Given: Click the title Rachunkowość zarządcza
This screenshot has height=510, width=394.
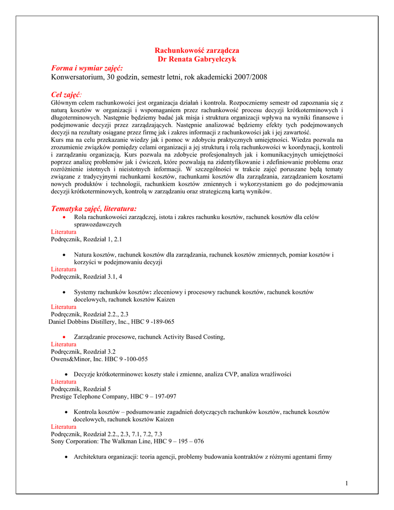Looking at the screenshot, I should click(x=197, y=50).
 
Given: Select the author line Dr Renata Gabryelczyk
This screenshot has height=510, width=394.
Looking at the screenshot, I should click(x=197, y=59).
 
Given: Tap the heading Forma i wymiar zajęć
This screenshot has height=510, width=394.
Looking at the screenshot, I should click(x=87, y=68).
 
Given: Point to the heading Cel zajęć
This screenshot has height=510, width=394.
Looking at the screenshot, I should click(x=66, y=95).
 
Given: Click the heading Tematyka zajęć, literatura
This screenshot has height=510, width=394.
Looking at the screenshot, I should click(x=94, y=208).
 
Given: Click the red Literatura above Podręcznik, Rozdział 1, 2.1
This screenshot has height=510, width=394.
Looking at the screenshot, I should click(x=64, y=232).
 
